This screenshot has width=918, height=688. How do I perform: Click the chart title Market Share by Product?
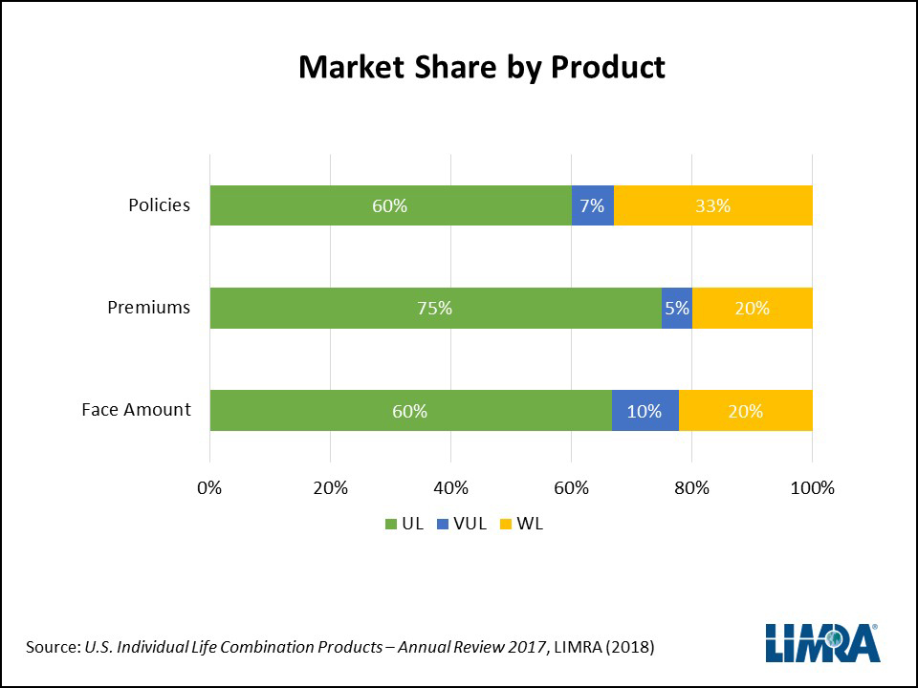tap(481, 68)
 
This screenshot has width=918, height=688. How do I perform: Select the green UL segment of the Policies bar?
tap(390, 205)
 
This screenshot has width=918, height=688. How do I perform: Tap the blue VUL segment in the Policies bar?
tap(593, 205)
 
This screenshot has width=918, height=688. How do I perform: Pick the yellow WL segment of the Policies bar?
tap(713, 205)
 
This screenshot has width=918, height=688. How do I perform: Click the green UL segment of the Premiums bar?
tap(435, 308)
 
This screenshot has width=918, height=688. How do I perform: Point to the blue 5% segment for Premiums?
tap(676, 308)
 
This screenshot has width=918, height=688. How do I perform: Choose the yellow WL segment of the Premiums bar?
tap(752, 308)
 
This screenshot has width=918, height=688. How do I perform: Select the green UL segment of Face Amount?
tap(410, 411)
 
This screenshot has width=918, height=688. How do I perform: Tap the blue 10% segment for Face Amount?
tap(645, 411)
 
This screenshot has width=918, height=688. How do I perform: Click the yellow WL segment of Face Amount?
tap(745, 411)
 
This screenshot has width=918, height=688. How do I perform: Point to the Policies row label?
tap(160, 205)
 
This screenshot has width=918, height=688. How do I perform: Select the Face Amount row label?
tap(136, 410)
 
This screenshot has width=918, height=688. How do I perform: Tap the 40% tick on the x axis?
tap(450, 488)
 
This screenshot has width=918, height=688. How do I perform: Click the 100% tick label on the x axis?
tap(812, 488)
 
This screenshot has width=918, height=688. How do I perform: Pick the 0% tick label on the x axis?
tap(209, 488)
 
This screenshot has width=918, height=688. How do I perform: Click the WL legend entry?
tap(522, 524)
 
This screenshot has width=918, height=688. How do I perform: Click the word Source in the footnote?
tap(51, 648)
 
